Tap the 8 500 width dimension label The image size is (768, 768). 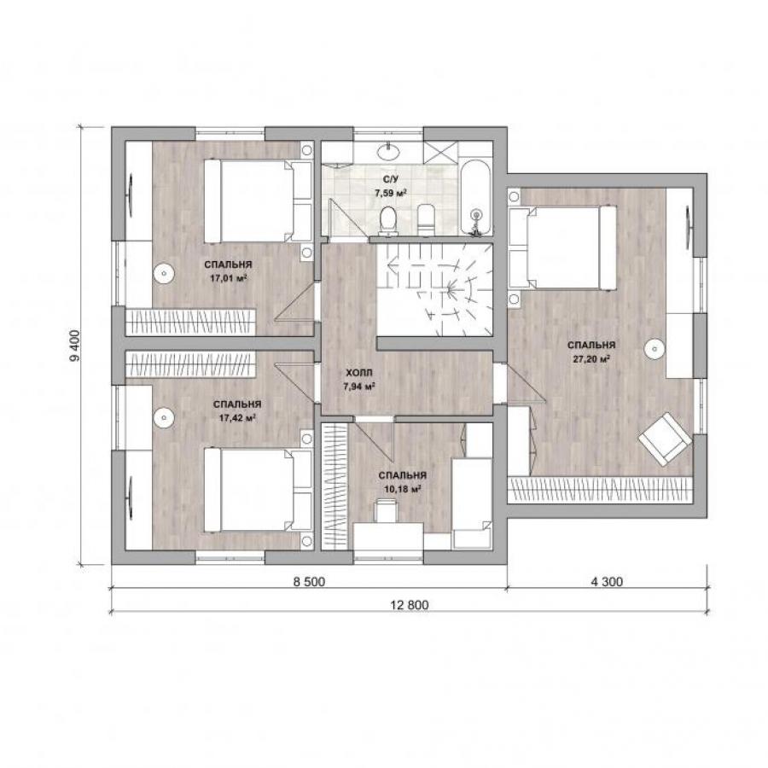[309, 581]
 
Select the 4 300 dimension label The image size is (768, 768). [607, 581]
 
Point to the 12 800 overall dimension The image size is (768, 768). [410, 605]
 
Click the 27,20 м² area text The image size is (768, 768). [591, 358]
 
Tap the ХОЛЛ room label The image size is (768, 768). [359, 373]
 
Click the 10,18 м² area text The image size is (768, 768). [403, 489]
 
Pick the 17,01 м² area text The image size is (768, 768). [228, 278]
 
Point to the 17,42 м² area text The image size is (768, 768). [237, 418]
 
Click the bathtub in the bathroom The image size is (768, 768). [475, 197]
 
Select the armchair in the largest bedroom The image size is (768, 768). [665, 439]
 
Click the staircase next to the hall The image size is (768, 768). [434, 290]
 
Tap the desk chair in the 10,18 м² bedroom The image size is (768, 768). [387, 510]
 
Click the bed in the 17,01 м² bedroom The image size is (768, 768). [258, 201]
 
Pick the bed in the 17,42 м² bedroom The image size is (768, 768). [258, 490]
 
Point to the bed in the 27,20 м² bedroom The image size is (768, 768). [562, 247]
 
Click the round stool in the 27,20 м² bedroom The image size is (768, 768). [654, 349]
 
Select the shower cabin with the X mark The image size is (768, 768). [439, 152]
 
